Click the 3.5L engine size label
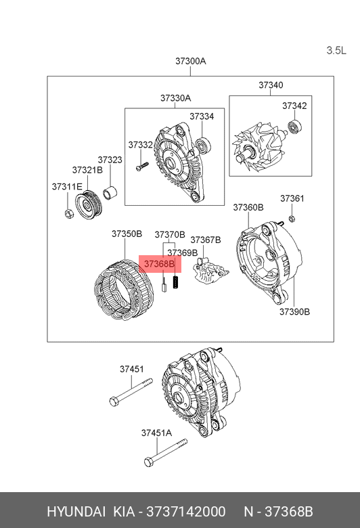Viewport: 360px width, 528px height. (336, 51)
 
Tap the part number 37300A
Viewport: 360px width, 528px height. (190, 61)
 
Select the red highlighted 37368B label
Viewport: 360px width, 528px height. (160, 264)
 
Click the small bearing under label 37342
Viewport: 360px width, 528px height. (294, 127)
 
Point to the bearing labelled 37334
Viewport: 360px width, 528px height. (203, 147)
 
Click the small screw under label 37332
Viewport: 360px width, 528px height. (142, 166)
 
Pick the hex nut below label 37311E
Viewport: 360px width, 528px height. (69, 213)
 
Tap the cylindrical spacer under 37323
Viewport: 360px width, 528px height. (110, 193)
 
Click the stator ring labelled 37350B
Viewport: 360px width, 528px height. (124, 289)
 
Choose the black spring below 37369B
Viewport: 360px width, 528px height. (175, 282)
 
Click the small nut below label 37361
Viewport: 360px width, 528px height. (292, 219)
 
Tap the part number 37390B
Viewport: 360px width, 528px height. (294, 312)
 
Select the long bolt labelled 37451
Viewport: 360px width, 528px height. (131, 393)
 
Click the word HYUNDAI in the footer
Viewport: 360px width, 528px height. (76, 512)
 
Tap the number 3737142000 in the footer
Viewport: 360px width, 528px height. (186, 512)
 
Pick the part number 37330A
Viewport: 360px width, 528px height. (175, 98)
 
